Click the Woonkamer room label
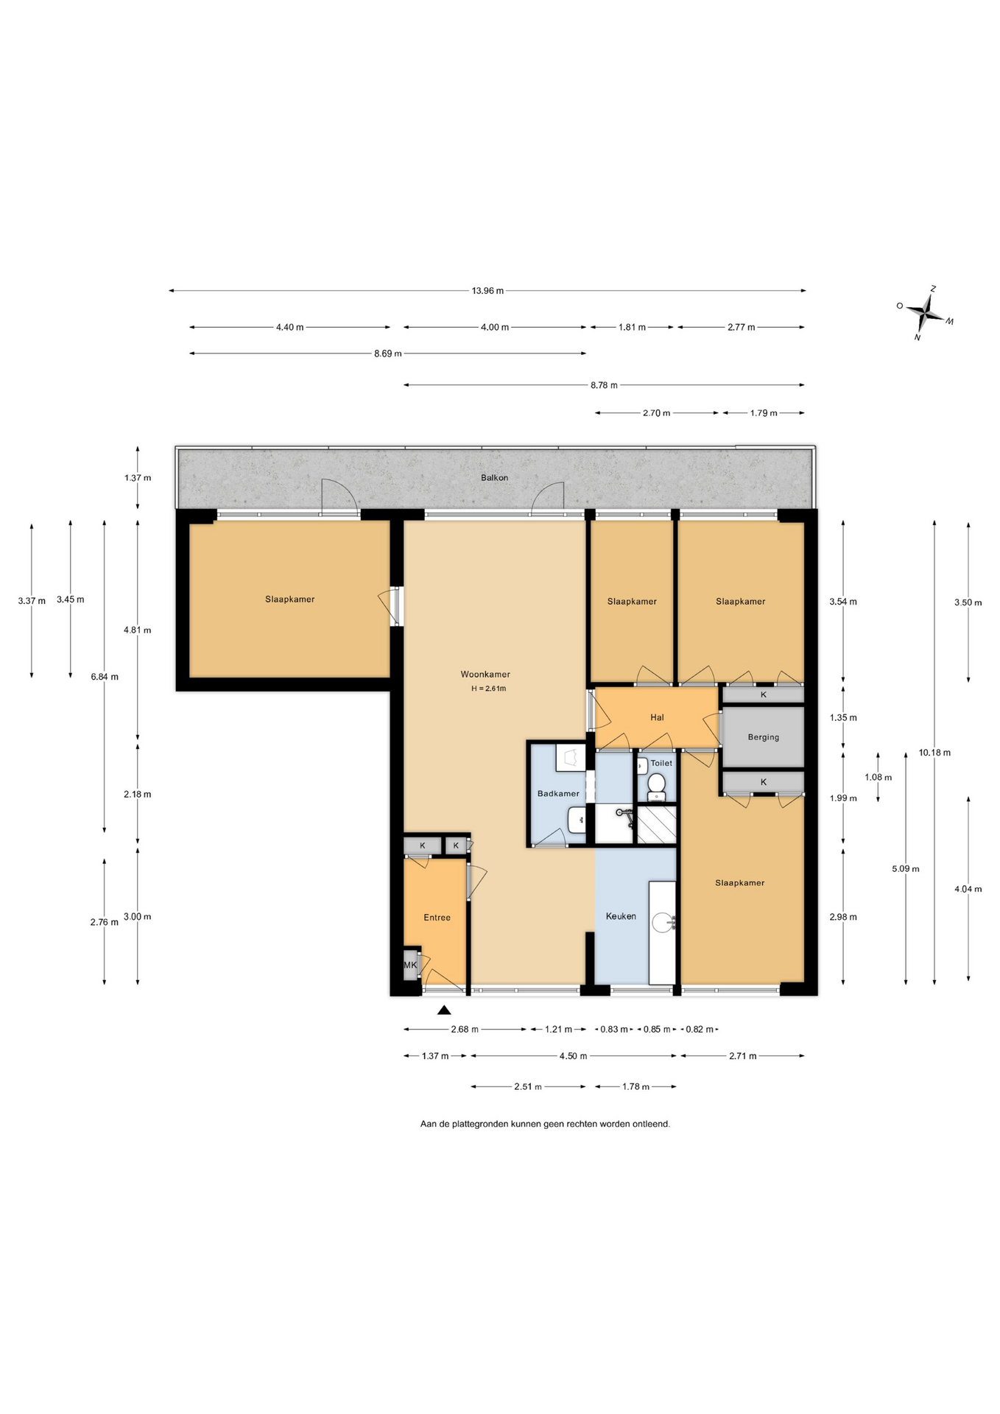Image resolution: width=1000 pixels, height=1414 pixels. tap(485, 674)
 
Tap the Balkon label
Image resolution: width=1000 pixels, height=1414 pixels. tap(495, 477)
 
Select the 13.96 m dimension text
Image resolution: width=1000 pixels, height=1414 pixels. tap(487, 290)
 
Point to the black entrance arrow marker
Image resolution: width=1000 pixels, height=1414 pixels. tap(444, 1010)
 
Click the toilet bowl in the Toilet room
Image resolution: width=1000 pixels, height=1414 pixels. tap(656, 786)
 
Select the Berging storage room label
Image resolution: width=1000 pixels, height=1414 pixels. tap(763, 736)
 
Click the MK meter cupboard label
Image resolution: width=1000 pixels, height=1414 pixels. tap(410, 965)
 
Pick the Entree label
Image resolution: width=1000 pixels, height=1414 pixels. tap(437, 917)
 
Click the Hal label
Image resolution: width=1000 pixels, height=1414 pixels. tap(657, 717)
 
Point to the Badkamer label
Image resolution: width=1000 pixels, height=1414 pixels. tap(558, 793)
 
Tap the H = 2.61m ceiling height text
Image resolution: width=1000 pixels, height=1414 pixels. tap(489, 689)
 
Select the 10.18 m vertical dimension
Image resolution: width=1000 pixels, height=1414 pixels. tap(934, 753)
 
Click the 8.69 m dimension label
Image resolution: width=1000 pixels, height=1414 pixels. tap(388, 353)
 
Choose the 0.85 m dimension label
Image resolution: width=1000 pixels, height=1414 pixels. tap(657, 1029)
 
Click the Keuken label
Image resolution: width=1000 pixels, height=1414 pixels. tap(621, 916)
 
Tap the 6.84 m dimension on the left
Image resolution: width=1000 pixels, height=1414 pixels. tap(105, 677)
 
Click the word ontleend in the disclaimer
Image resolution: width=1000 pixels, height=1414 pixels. tap(651, 1124)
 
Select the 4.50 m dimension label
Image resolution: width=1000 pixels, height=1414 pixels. tap(573, 1056)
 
